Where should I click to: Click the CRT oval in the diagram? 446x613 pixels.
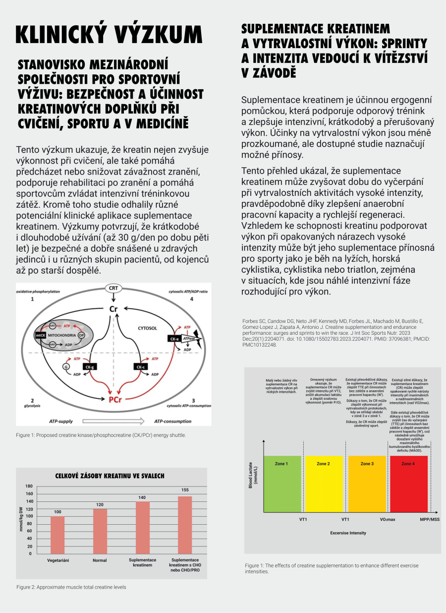pos(113,288)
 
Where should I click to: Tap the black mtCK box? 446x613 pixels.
pos(40,335)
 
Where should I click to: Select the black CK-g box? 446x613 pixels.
pos(90,367)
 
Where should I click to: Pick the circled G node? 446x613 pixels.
pos(65,366)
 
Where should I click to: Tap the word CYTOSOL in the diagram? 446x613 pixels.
pos(147,328)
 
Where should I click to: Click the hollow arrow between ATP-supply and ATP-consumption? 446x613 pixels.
pos(113,422)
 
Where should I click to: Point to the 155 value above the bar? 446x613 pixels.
pos(185,490)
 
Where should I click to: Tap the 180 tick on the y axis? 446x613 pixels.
pos(29,487)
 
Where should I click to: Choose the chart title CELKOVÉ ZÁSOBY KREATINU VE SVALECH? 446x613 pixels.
pos(110,476)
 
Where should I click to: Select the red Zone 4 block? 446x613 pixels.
pos(408,484)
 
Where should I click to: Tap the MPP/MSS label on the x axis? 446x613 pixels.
pos(430,519)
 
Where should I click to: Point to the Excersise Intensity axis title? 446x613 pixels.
pos(348,533)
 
